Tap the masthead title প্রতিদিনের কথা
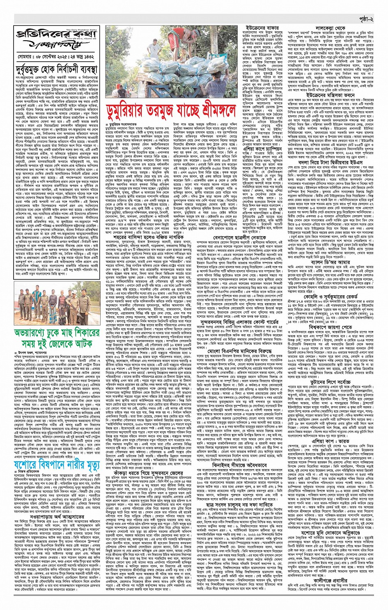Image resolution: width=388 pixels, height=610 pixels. [57, 34]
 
